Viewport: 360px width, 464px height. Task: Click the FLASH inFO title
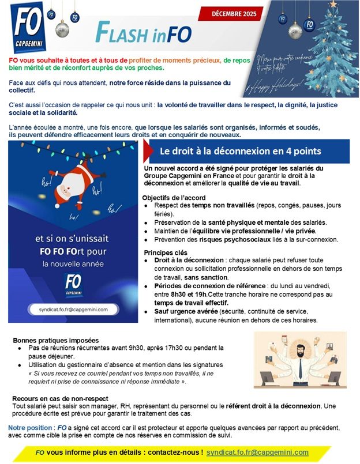144,34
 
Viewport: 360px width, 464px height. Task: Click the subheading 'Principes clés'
165,252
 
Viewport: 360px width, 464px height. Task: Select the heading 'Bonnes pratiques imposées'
55,340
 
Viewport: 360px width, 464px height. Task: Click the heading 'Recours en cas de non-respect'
60,399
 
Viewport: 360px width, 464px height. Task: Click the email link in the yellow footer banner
257,452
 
